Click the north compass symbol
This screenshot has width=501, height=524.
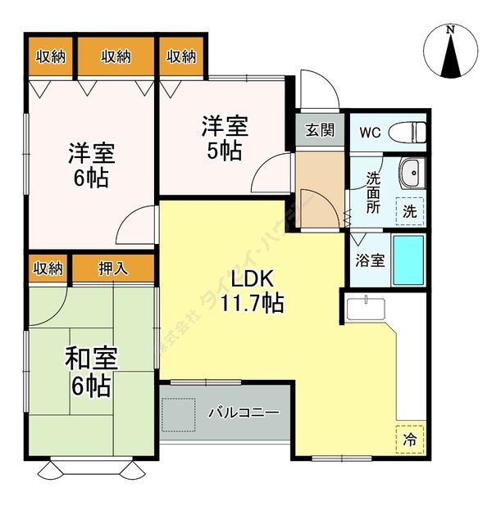(450, 52)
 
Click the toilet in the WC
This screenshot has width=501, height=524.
(407, 131)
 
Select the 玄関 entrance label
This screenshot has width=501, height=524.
(320, 129)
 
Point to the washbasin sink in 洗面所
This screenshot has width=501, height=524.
(410, 173)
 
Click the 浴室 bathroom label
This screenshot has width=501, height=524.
(369, 260)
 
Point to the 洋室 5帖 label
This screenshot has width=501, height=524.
(224, 138)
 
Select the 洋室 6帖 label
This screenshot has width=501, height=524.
(90, 165)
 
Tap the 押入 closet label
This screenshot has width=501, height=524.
(113, 267)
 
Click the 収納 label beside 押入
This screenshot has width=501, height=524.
(48, 267)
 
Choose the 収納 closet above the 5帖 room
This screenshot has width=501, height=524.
(181, 56)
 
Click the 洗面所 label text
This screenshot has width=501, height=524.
(373, 192)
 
